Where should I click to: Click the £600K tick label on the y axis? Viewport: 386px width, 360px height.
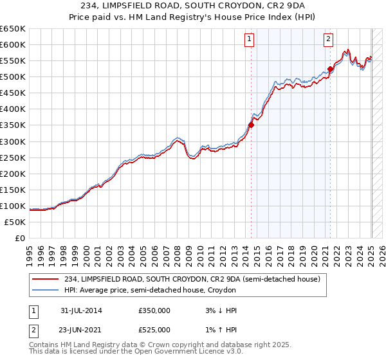click(x=12, y=45)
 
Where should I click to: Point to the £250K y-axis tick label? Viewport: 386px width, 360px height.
click(x=12, y=157)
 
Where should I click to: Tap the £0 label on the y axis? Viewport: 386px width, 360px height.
click(x=20, y=238)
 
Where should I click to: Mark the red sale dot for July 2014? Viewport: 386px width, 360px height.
click(x=251, y=125)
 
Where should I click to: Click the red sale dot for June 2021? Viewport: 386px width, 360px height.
click(x=330, y=69)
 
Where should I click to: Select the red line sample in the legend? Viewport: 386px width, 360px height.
click(x=46, y=279)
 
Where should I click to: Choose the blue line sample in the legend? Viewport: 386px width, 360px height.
click(x=46, y=290)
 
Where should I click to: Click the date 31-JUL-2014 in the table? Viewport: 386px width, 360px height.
click(x=80, y=310)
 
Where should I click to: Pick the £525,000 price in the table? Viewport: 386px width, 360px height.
click(x=154, y=330)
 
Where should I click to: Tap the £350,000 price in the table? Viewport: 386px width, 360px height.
click(x=154, y=310)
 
